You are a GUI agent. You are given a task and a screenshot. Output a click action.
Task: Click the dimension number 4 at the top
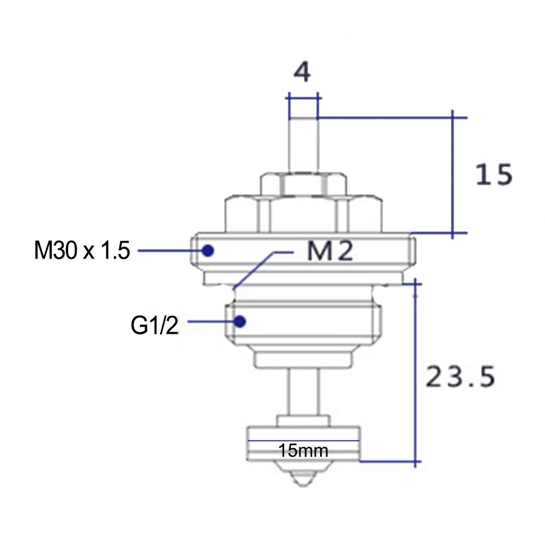302,72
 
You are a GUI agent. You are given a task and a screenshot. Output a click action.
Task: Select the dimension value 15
493,175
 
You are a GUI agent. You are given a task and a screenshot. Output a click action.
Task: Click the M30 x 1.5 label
82,251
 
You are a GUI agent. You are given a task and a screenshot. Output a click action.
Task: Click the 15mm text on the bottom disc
303,451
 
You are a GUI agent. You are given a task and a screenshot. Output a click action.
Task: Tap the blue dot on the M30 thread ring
207,250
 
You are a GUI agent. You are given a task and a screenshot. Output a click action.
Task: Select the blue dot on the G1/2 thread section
240,321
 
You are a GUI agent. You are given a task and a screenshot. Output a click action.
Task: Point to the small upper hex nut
303,185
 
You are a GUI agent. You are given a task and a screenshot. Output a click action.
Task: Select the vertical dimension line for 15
453,174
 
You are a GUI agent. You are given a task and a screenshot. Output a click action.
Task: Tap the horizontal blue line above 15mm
303,440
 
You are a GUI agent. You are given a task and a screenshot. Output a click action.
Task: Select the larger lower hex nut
303,215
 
